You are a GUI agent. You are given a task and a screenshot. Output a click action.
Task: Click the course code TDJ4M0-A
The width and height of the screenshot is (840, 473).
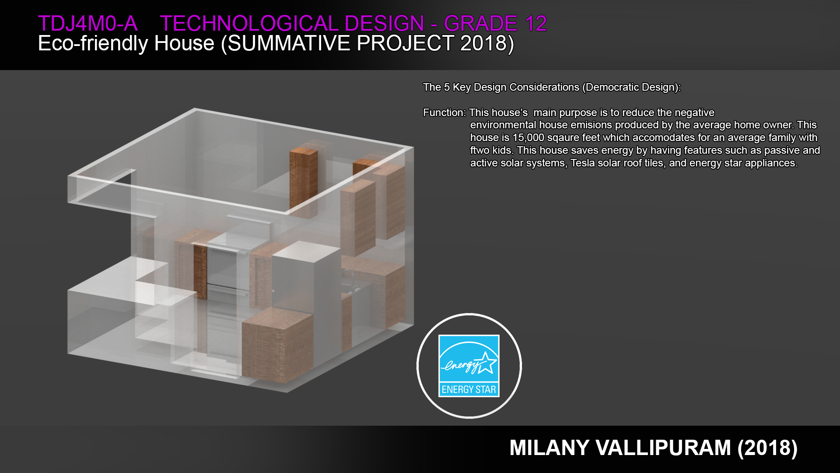point(87,24)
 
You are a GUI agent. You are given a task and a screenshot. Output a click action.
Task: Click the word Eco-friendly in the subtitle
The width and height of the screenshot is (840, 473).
point(93,43)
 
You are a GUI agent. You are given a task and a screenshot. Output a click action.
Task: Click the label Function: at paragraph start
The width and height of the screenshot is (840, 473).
point(444,113)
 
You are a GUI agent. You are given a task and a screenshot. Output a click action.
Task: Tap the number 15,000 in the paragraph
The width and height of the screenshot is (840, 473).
point(528,138)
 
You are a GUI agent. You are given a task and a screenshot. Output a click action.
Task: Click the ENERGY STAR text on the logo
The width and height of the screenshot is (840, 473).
point(469,389)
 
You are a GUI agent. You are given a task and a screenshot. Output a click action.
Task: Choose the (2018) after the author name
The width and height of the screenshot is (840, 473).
point(767,448)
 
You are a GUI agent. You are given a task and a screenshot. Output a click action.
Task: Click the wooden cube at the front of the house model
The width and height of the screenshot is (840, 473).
point(277,345)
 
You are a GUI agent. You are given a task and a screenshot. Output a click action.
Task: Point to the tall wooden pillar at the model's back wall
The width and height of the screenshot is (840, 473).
point(303,181)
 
